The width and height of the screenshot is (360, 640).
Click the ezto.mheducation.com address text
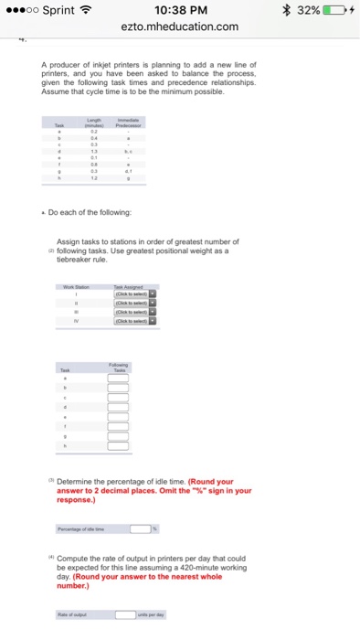point(180,27)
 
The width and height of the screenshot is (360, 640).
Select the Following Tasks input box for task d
point(119,409)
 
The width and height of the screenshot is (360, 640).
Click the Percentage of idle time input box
point(139,528)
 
